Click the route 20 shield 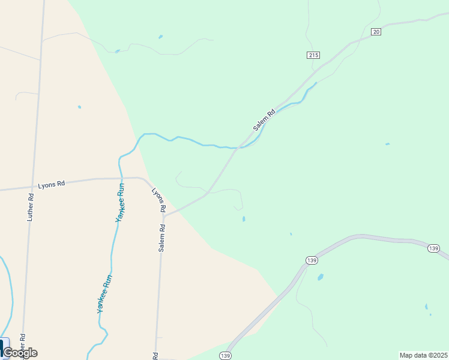[x=376, y=32]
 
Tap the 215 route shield [x=313, y=55]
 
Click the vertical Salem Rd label [x=161, y=238]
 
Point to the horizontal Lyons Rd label [x=51, y=185]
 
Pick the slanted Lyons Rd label [x=158, y=201]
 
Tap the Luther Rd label [x=31, y=207]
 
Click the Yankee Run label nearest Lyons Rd [x=121, y=204]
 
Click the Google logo [x=20, y=353]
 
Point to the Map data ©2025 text [x=423, y=355]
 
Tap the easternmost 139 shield [x=434, y=248]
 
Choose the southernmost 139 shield [x=225, y=356]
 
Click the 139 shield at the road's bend [x=311, y=260]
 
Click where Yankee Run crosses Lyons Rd [x=120, y=178]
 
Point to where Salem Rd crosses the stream [x=239, y=146]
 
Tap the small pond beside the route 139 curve [x=320, y=277]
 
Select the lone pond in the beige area [x=79, y=107]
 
